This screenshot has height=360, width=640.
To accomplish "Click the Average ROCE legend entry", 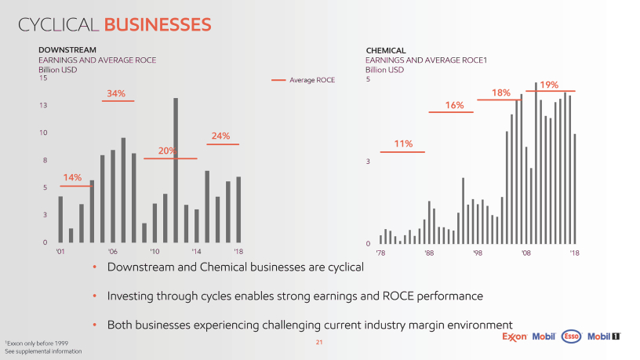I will (311, 80).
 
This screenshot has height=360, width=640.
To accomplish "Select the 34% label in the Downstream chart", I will (116, 93).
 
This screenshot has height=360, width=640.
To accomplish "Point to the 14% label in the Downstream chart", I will (72, 177).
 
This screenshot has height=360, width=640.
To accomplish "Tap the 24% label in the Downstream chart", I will (220, 136).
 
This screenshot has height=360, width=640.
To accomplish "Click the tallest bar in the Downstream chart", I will (176, 169).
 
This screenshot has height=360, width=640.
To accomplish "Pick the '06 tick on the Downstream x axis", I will (113, 252).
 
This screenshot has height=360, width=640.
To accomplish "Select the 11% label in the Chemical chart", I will (403, 144).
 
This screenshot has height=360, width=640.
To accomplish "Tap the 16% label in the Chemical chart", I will (454, 105).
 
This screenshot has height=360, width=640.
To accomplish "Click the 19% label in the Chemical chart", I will (549, 84).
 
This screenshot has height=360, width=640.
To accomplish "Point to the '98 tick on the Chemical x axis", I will (478, 253).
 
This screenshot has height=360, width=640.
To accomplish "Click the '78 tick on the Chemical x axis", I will (380, 253).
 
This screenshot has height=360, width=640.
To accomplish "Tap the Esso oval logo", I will (573, 337).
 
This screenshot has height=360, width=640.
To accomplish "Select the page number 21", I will (319, 343).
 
